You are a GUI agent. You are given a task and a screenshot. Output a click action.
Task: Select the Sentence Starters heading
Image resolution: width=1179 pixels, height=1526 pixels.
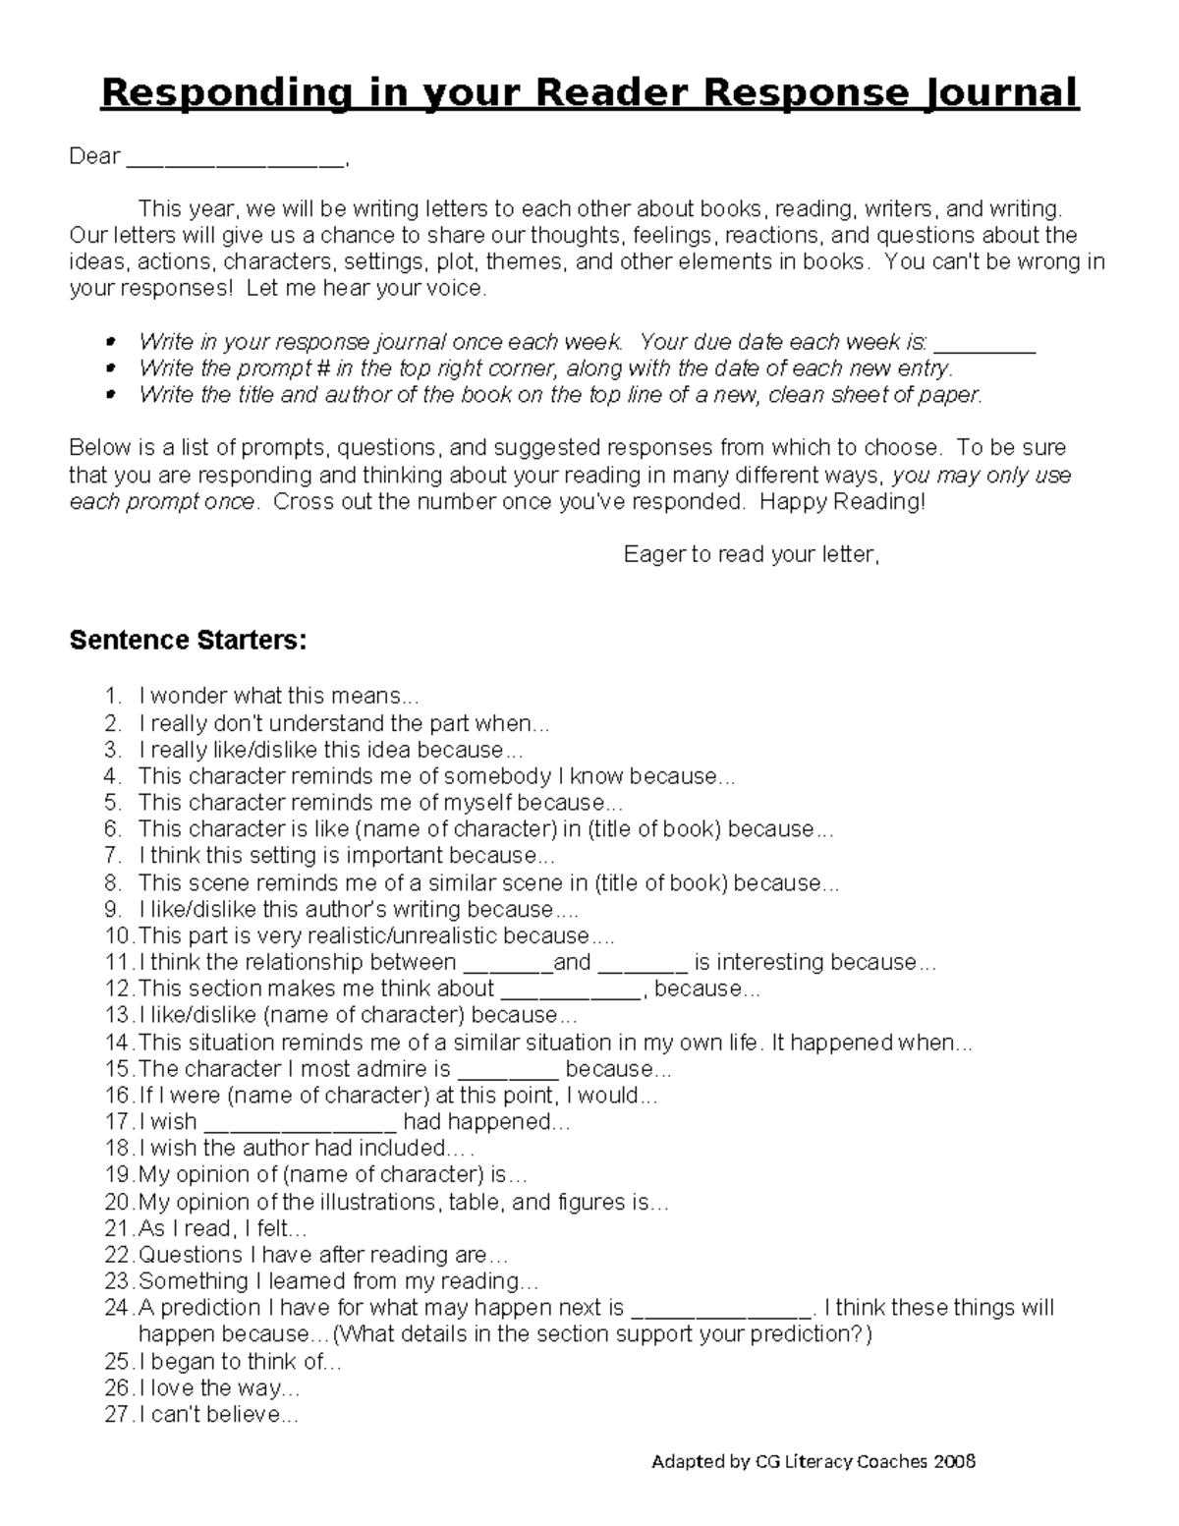[x=188, y=641]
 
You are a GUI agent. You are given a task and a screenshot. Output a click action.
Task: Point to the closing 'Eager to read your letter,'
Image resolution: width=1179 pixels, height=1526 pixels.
[x=752, y=554]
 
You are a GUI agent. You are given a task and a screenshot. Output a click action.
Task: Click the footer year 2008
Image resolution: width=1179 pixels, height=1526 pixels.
[x=954, y=1461]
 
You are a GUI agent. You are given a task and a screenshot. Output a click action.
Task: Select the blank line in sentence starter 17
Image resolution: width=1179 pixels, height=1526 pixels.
[x=301, y=1125]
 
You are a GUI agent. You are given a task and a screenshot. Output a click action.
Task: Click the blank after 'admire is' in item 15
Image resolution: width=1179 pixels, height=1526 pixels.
[x=508, y=1072]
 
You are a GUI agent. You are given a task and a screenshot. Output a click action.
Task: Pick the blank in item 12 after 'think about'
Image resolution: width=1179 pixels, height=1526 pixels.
[x=571, y=992]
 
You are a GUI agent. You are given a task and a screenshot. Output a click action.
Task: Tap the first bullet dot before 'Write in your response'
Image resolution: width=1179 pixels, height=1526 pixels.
[x=110, y=342]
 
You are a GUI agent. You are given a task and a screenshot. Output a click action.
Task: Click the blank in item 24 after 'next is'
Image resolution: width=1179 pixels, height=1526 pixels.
[x=721, y=1311]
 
